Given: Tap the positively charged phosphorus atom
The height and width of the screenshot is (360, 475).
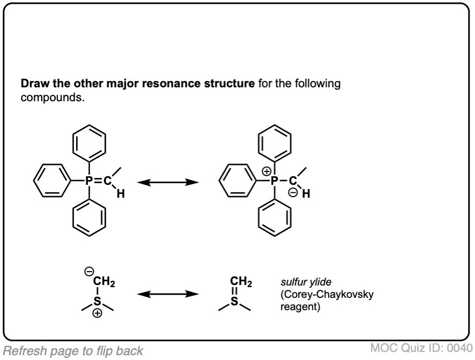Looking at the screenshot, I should tap(274, 182).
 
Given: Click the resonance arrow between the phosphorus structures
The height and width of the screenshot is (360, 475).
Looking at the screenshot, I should tap(164, 182).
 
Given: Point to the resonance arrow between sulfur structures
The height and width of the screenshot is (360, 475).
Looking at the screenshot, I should tap(164, 294).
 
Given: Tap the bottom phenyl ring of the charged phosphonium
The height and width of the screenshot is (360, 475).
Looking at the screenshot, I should tap(274, 221).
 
